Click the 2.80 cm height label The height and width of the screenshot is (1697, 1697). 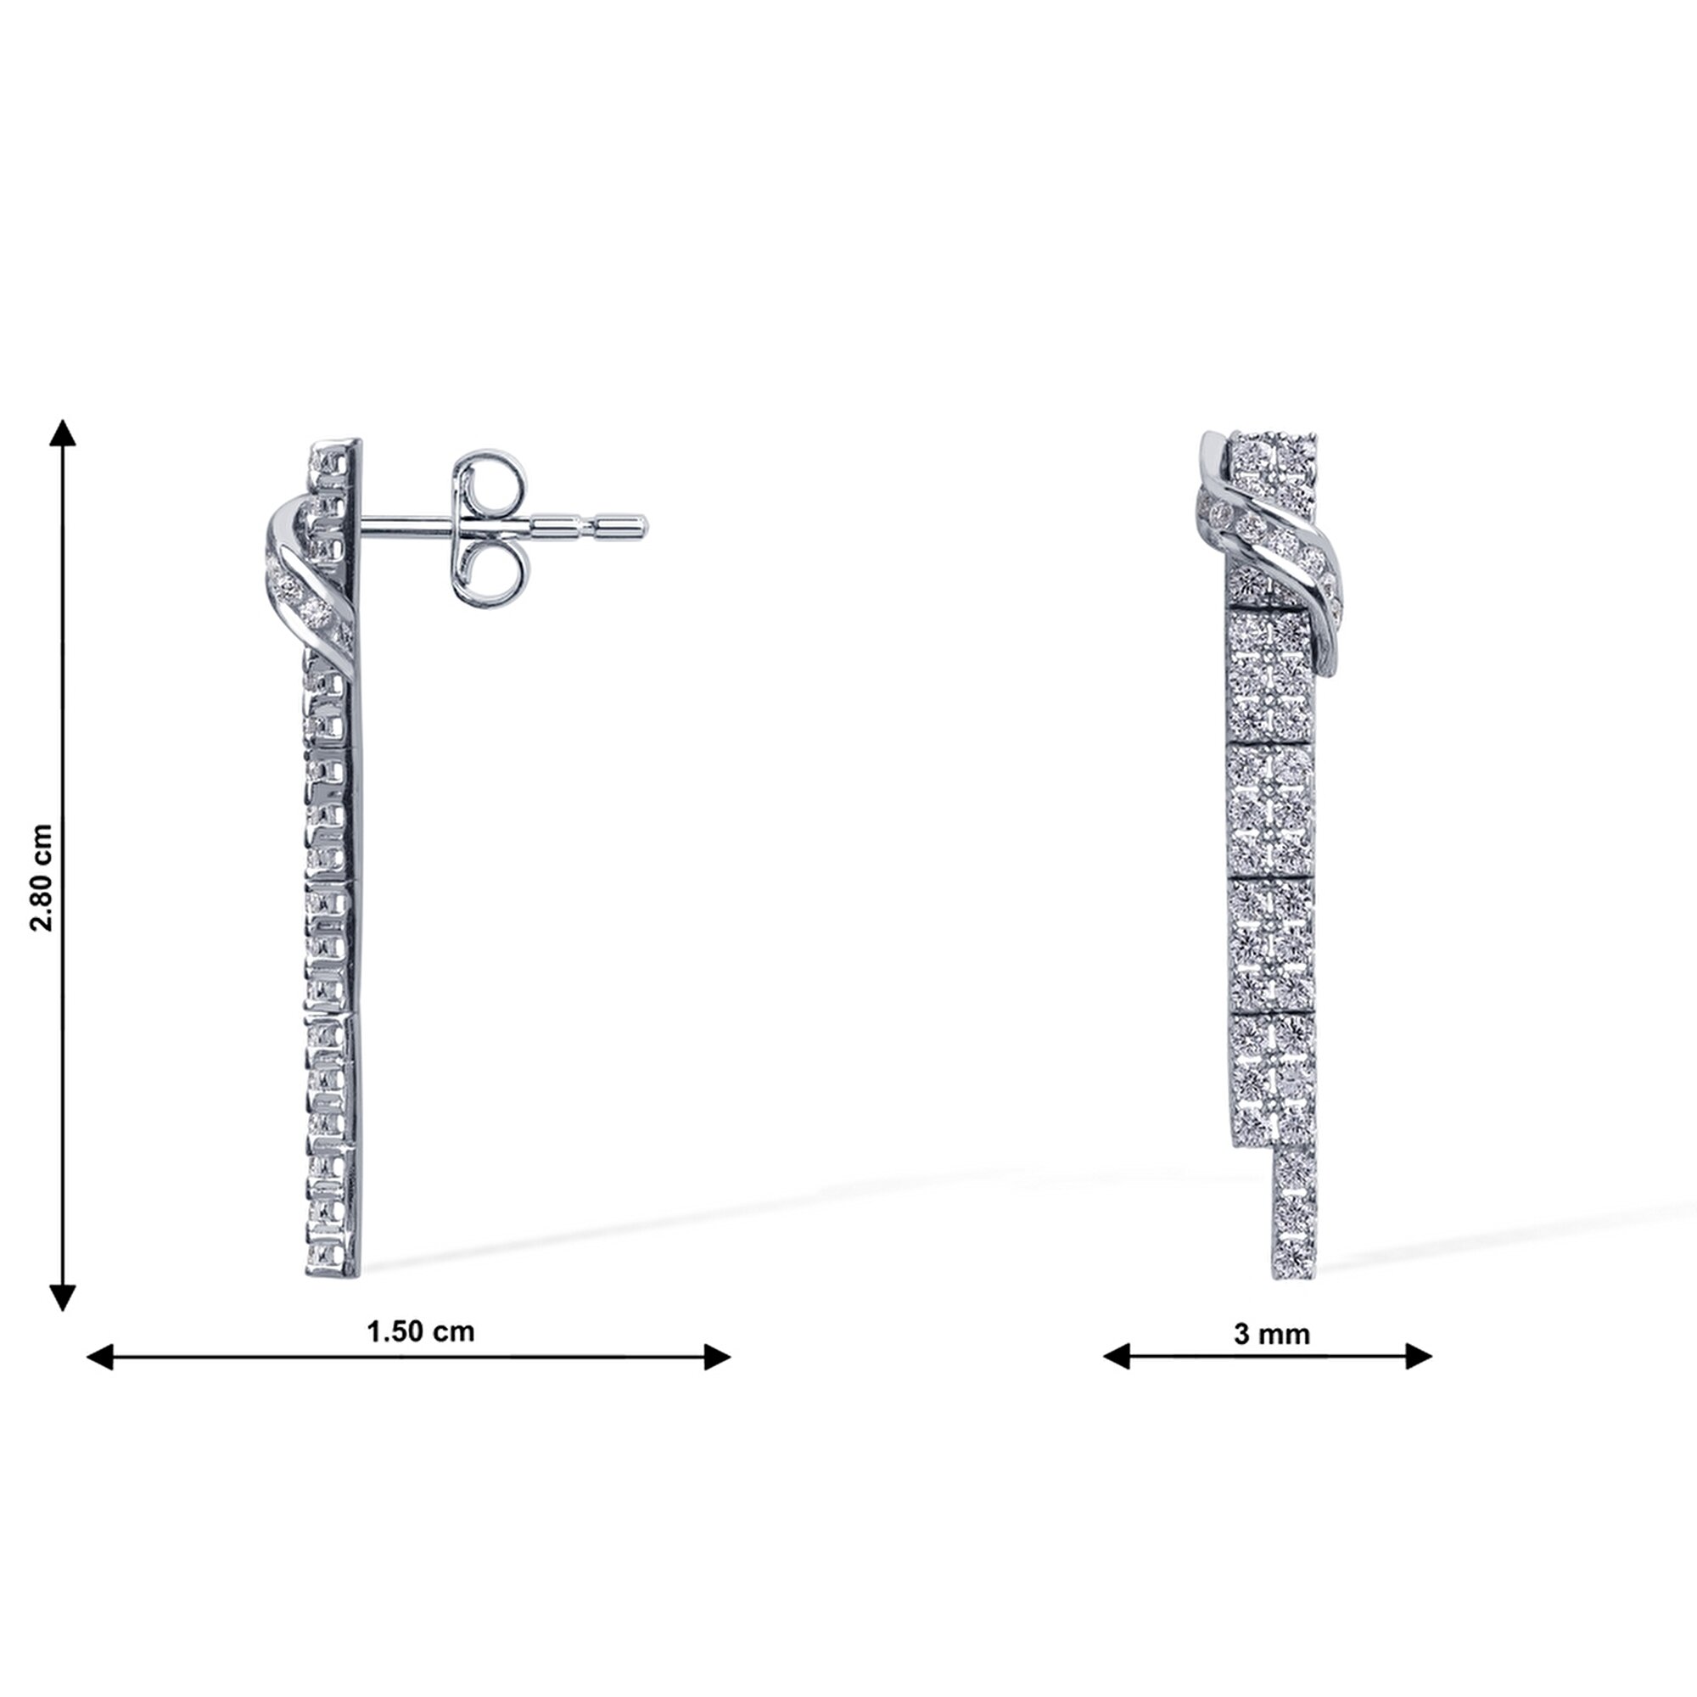42,877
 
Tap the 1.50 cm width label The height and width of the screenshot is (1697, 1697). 421,1331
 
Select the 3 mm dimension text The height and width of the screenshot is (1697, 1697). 1272,1334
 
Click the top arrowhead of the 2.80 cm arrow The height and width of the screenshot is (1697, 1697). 62,432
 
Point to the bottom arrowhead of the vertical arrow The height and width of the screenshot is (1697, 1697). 62,1297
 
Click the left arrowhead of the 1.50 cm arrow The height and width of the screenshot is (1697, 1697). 99,1357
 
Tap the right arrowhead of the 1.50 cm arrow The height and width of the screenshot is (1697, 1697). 718,1357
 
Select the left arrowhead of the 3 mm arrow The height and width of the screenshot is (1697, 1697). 1117,1356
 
